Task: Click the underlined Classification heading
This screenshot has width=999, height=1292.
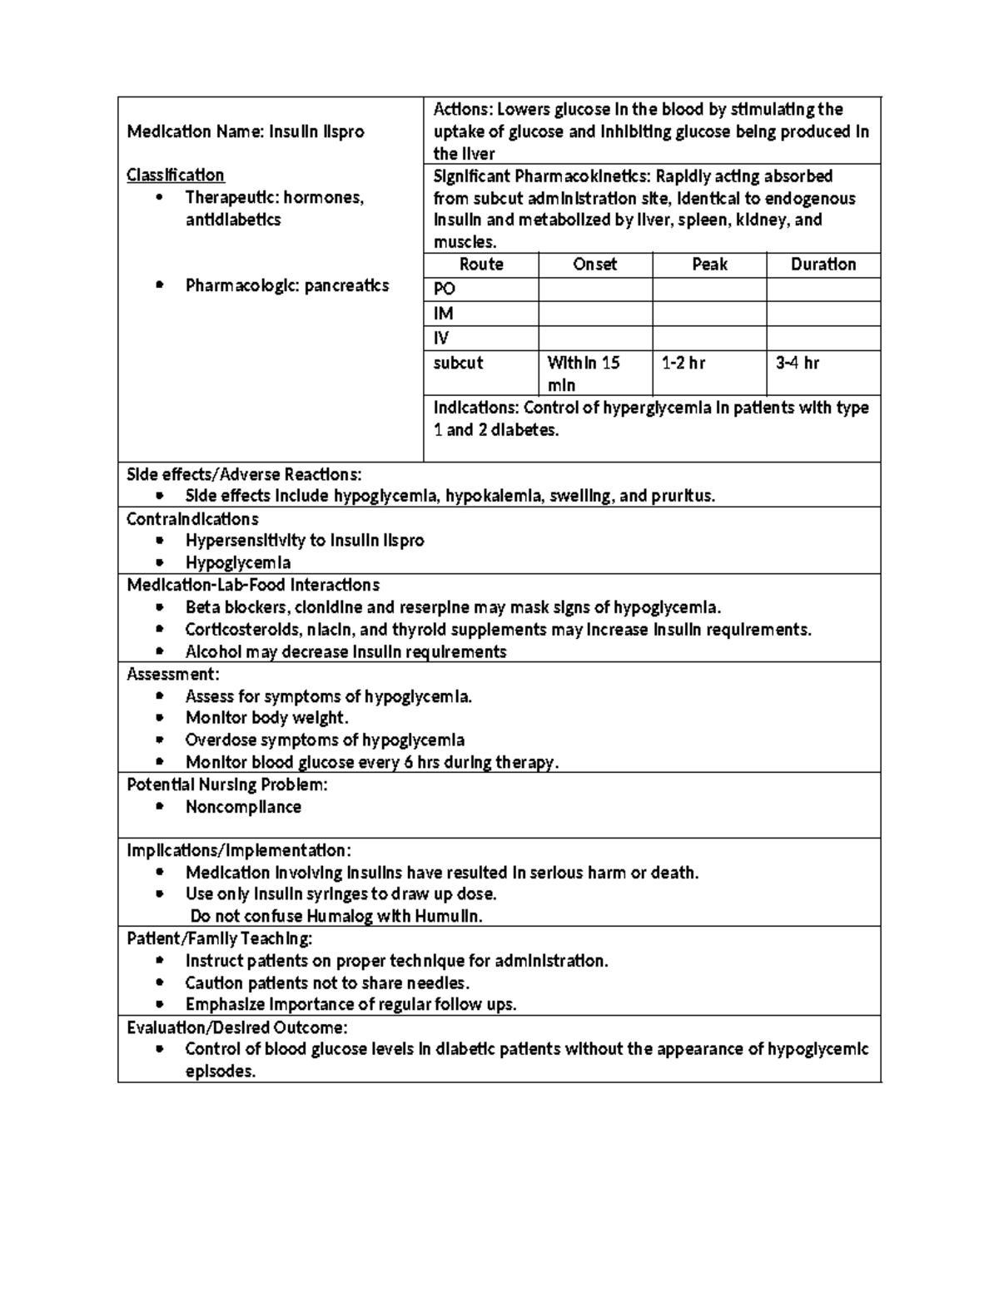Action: tap(176, 176)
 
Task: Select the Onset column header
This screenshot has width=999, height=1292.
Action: tap(594, 265)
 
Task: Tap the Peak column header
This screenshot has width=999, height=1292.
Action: tap(709, 265)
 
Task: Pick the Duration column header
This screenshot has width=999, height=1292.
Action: tap(823, 265)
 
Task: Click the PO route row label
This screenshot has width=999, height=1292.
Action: tap(445, 289)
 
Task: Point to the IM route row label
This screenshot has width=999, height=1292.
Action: tap(443, 314)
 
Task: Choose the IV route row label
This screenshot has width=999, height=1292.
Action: tap(441, 339)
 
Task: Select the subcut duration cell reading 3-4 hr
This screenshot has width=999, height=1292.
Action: tap(797, 363)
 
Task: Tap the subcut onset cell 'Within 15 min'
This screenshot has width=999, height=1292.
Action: tap(583, 374)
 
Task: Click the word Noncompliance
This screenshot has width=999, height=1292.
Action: tap(243, 807)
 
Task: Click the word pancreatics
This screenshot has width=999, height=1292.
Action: tap(346, 286)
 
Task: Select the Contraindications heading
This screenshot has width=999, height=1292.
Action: tap(192, 519)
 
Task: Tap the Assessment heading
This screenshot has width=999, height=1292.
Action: tap(172, 674)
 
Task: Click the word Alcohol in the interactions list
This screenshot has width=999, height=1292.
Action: tap(213, 652)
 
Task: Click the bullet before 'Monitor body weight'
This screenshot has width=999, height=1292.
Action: tap(160, 718)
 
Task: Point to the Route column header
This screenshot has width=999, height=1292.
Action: tap(481, 265)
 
